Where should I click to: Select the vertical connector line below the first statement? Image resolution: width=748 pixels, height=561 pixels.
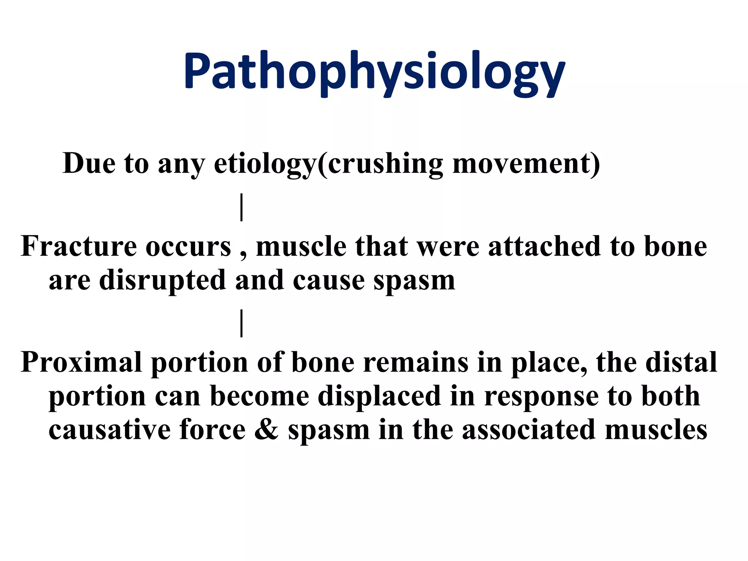click(x=241, y=207)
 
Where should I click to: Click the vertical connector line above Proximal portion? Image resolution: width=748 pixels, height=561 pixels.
click(x=241, y=323)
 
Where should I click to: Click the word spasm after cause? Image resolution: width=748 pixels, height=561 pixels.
click(x=414, y=280)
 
